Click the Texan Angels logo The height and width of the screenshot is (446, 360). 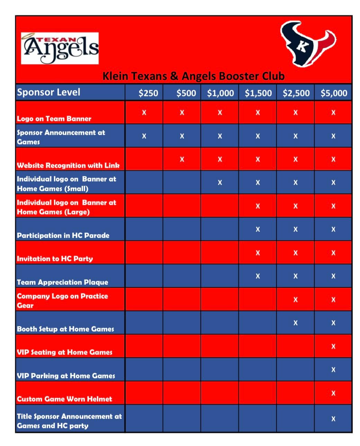click(60, 48)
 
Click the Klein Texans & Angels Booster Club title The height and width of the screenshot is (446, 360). click(193, 76)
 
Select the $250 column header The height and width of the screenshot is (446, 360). click(148, 93)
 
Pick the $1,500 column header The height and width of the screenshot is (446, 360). click(258, 93)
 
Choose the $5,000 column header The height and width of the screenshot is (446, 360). click(334, 93)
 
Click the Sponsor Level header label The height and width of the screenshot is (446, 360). click(48, 92)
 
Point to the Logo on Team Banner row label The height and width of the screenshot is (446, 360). click(54, 119)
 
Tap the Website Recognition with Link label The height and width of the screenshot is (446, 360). click(68, 165)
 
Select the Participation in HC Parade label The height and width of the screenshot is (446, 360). click(63, 235)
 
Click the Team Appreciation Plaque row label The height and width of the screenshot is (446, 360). click(62, 282)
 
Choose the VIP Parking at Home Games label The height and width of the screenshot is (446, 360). click(66, 376)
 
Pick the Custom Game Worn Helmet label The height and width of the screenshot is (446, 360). click(64, 399)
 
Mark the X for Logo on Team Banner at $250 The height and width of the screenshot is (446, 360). click(144, 113)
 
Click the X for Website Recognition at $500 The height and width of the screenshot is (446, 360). click(182, 159)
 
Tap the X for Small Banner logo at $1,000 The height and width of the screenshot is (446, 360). click(220, 183)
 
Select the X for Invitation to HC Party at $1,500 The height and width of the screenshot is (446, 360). click(258, 253)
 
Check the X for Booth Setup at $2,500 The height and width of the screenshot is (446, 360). click(295, 323)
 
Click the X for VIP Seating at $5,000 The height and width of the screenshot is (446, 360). click(333, 346)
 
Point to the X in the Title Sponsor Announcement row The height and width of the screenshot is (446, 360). click(333, 419)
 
